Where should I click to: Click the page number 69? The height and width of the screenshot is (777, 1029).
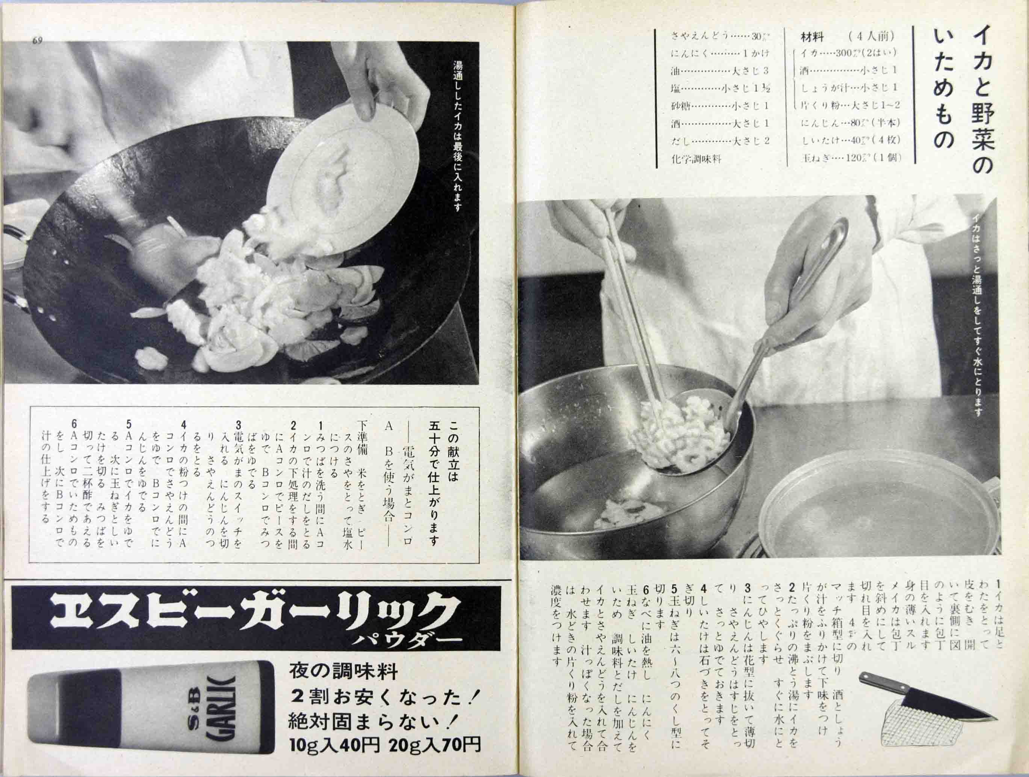(38, 41)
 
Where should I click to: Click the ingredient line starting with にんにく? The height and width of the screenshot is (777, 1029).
(720, 53)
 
